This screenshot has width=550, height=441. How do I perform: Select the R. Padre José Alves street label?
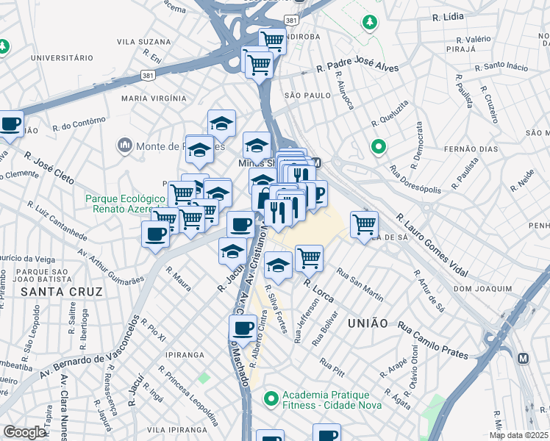357,68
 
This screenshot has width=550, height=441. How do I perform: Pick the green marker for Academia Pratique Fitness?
271,399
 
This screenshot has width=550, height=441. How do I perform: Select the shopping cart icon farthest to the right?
364,224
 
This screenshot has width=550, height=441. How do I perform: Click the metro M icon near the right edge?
523,359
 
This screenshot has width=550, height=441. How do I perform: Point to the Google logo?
24,431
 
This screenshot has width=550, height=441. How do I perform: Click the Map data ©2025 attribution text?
518,435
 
